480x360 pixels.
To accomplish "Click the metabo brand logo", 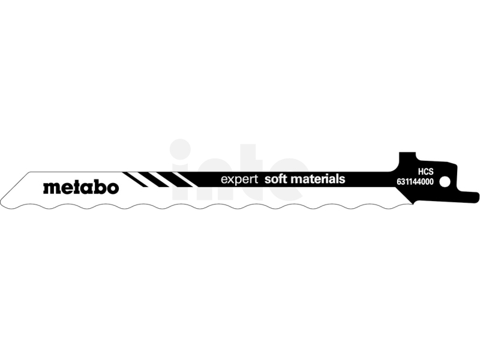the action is [x=81, y=187].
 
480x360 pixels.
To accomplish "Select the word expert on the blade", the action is [x=239, y=179].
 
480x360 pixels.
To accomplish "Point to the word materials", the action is [x=317, y=179].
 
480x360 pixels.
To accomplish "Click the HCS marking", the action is [x=426, y=172].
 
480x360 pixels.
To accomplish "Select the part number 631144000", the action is [x=415, y=182].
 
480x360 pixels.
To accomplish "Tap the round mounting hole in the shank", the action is [x=445, y=182].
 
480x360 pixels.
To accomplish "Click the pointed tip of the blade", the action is [x=2, y=203].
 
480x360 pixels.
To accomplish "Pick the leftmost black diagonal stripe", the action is [x=135, y=179].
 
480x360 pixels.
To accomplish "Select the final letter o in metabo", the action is [x=113, y=188].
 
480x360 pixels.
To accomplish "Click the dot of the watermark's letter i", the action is [x=181, y=149].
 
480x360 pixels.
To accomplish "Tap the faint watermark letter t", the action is [x=250, y=173].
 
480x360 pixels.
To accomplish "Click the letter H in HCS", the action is [x=421, y=172].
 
